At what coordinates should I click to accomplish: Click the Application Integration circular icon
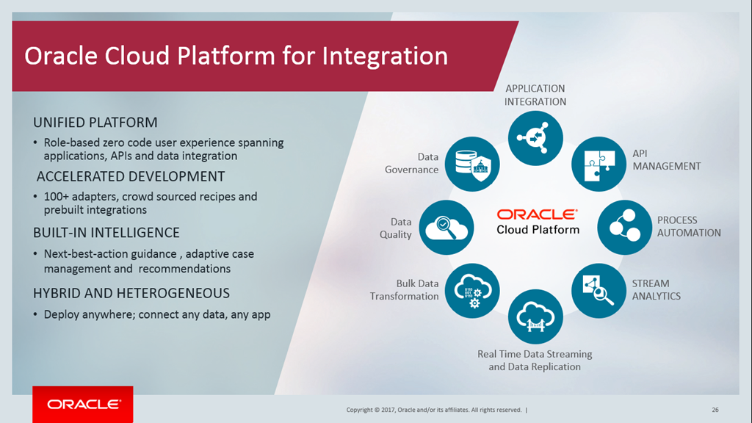535,138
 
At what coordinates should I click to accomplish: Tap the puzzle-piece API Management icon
599,164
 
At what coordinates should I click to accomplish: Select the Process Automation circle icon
625,228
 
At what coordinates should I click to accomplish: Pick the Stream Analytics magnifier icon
599,291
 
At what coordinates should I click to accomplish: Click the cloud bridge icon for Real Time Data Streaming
535,317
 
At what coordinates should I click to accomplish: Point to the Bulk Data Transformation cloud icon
472,291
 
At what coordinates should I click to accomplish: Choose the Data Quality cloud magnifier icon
446,228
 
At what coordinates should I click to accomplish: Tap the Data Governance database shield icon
472,164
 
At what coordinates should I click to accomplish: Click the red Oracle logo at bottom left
83,405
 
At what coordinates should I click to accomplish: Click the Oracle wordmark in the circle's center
538,214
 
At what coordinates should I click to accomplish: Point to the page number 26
715,410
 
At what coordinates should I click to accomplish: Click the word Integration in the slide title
385,57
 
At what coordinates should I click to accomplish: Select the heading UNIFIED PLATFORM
95,123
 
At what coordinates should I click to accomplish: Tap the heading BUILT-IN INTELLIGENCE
106,233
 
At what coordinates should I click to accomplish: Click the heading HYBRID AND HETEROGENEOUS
131,293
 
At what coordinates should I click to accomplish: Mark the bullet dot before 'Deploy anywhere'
35,314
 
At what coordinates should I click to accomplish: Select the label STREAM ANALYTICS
656,289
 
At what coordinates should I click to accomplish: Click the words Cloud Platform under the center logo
538,230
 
